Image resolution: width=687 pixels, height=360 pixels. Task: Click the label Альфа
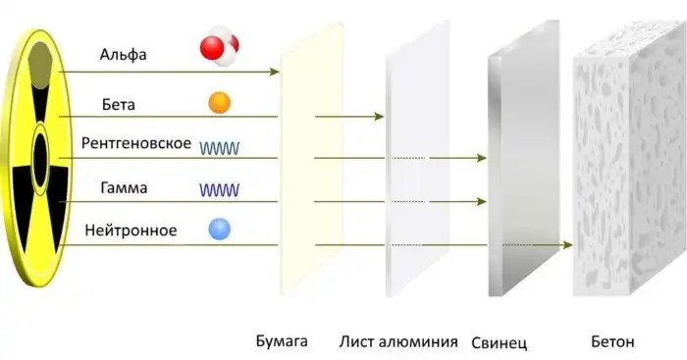123,54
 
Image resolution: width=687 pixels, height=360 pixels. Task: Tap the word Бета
117,103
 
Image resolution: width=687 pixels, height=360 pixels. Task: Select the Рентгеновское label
135,144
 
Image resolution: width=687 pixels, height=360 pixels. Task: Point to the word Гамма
124,187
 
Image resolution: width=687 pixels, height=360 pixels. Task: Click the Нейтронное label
131,231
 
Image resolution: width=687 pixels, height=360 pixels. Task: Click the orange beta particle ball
220,102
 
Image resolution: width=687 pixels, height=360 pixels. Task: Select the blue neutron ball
220,231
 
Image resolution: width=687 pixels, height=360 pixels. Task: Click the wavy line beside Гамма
221,188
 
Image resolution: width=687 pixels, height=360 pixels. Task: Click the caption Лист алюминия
398,341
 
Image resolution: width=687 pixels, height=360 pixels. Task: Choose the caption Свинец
500,342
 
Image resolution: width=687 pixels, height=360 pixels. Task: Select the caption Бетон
613,341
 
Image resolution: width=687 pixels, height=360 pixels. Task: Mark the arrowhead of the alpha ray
275,72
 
